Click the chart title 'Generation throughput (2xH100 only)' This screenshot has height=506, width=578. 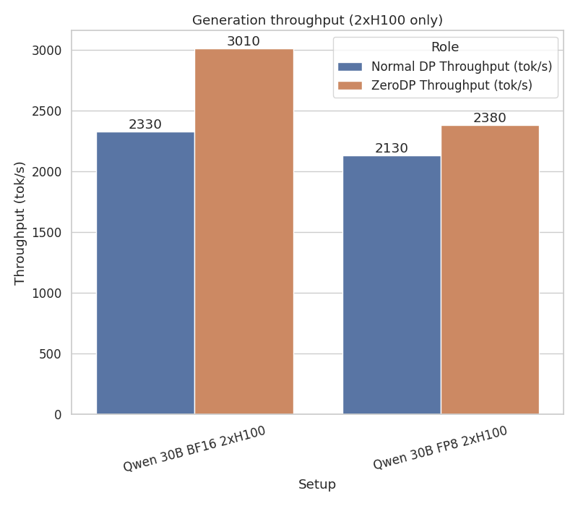point(317,20)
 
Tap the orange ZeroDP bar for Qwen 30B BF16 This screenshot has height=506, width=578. point(243,231)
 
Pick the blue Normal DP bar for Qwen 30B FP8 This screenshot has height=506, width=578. point(392,285)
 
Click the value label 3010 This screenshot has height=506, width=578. point(243,41)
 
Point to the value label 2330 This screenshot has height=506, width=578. point(145,124)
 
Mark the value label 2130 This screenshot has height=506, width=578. point(392,148)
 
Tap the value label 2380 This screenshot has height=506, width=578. point(490,118)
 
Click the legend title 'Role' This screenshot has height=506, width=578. point(445,47)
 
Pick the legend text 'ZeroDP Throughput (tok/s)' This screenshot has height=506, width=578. point(452,85)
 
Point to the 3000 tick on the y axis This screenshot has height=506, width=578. point(47,51)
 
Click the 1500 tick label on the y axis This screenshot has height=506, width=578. point(47,233)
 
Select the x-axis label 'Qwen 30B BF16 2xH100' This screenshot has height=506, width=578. point(194,448)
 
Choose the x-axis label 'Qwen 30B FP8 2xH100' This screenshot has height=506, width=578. point(440,447)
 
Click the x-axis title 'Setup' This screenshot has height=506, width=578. point(317,484)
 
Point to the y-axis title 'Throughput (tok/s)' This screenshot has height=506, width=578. point(20,223)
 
